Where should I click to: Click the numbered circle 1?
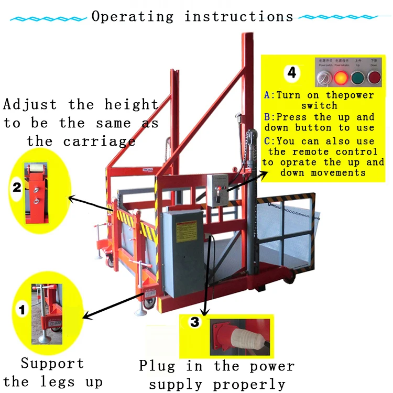point(21,311)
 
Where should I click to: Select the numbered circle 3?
point(194,322)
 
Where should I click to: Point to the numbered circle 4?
point(291,73)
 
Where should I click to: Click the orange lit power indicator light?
point(341,78)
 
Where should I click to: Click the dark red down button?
point(374,78)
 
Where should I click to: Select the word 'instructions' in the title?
point(239,16)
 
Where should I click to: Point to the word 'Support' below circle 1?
point(52,363)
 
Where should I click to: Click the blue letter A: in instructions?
point(269,95)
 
